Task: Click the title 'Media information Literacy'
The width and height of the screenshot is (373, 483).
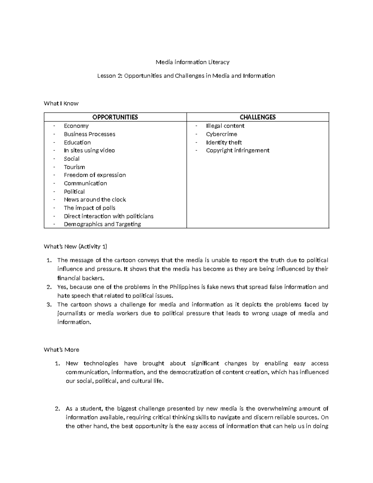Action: tap(192, 62)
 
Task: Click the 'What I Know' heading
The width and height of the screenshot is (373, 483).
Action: tap(61, 103)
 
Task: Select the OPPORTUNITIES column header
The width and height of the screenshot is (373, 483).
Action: tap(115, 117)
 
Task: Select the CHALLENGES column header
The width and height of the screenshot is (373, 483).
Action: tap(258, 117)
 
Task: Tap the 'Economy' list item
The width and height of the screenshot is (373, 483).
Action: tap(76, 126)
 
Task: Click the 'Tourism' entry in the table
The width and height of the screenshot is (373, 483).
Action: tap(74, 167)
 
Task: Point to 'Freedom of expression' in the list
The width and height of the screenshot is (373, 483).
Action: tap(95, 175)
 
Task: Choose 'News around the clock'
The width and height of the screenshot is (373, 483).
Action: tap(95, 200)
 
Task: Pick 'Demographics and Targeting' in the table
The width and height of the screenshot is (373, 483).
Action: tap(102, 224)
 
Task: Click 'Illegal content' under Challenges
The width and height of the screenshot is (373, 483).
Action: tap(225, 126)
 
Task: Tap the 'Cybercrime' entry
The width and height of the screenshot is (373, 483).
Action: tap(221, 134)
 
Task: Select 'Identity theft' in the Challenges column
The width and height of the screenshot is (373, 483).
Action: tap(224, 142)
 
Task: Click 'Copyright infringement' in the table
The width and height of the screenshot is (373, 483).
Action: tap(237, 151)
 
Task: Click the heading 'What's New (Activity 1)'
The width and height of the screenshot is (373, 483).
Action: tap(76, 247)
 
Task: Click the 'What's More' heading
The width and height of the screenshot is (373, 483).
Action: tap(62, 350)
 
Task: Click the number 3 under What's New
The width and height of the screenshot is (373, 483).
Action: tap(49, 305)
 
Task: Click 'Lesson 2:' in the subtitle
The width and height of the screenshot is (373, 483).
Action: tap(110, 76)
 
